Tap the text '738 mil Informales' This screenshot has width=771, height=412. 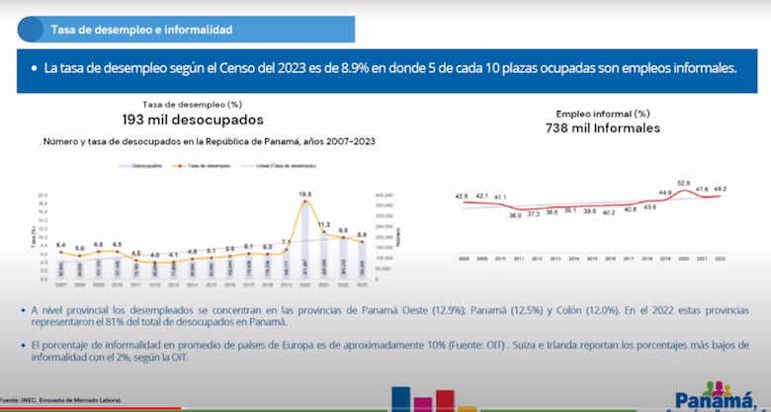(603, 128)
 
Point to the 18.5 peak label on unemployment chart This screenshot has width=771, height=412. (305, 194)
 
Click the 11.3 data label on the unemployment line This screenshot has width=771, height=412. (323, 224)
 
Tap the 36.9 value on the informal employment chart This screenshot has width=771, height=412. (516, 214)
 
